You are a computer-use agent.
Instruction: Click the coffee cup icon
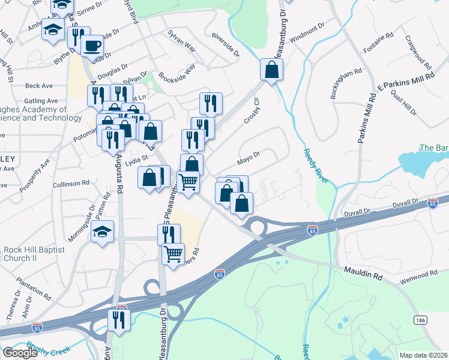tap(92, 46)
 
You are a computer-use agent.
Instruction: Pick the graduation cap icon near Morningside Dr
tap(103, 232)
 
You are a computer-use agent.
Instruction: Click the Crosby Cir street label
tap(251, 112)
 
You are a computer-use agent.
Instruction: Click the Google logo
tap(19, 353)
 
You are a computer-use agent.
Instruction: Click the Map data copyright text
tap(424, 355)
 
